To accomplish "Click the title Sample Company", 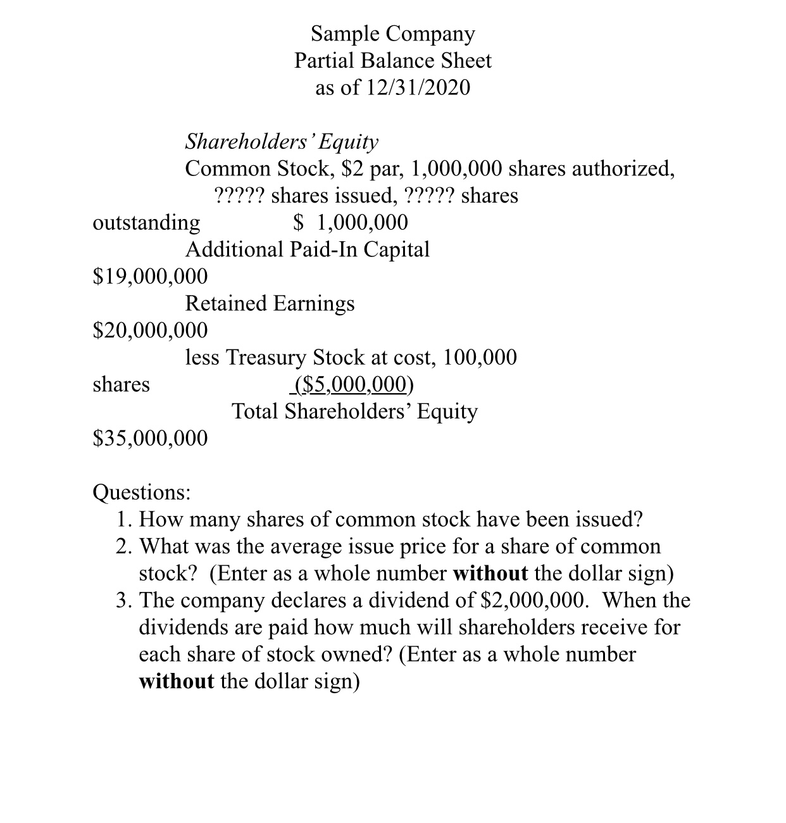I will click(392, 34).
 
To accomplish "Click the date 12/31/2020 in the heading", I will click(418, 87).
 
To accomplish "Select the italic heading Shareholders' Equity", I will click(282, 141).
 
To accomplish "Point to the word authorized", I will click(623, 168).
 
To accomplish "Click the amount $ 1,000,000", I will click(351, 222).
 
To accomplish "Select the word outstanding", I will click(146, 222).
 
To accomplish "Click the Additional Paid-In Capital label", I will click(307, 249).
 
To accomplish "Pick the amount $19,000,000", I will click(150, 276).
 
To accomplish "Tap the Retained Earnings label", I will click(270, 303).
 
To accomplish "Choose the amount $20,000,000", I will click(150, 330).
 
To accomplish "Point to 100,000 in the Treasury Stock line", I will click(480, 357).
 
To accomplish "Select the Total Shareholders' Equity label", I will click(354, 411).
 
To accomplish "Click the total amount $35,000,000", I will click(150, 438).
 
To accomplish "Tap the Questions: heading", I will click(141, 492).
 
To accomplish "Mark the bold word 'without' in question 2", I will click(490, 573).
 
